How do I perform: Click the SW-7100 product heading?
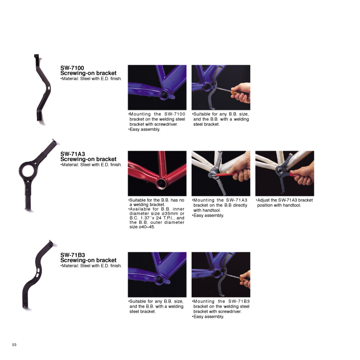[x=72, y=68]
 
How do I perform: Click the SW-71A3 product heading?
[x=73, y=154]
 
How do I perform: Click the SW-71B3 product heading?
[x=73, y=255]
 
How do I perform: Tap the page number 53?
[x=14, y=345]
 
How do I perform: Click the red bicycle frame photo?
[x=157, y=173]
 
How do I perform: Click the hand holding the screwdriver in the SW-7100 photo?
[x=241, y=93]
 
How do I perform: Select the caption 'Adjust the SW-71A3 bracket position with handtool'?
[x=284, y=203]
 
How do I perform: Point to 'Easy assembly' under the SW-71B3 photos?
[x=208, y=317]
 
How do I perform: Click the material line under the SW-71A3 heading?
[x=91, y=165]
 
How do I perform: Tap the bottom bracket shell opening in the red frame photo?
[x=161, y=183]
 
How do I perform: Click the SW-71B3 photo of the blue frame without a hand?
[x=157, y=275]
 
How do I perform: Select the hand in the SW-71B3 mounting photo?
[x=245, y=279]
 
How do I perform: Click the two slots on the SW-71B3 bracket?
[x=38, y=273]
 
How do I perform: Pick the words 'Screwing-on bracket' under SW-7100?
[x=88, y=73]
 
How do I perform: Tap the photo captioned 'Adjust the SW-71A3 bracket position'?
[x=285, y=173]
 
